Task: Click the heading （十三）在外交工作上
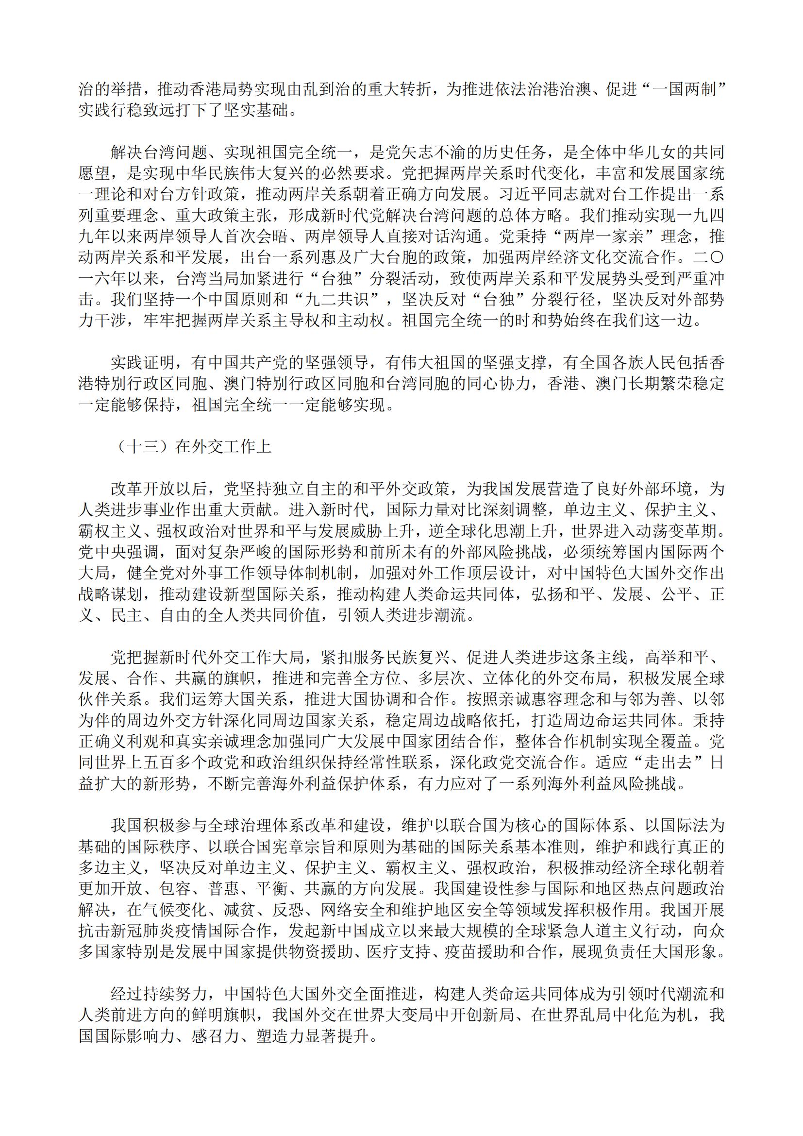click(x=191, y=447)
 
